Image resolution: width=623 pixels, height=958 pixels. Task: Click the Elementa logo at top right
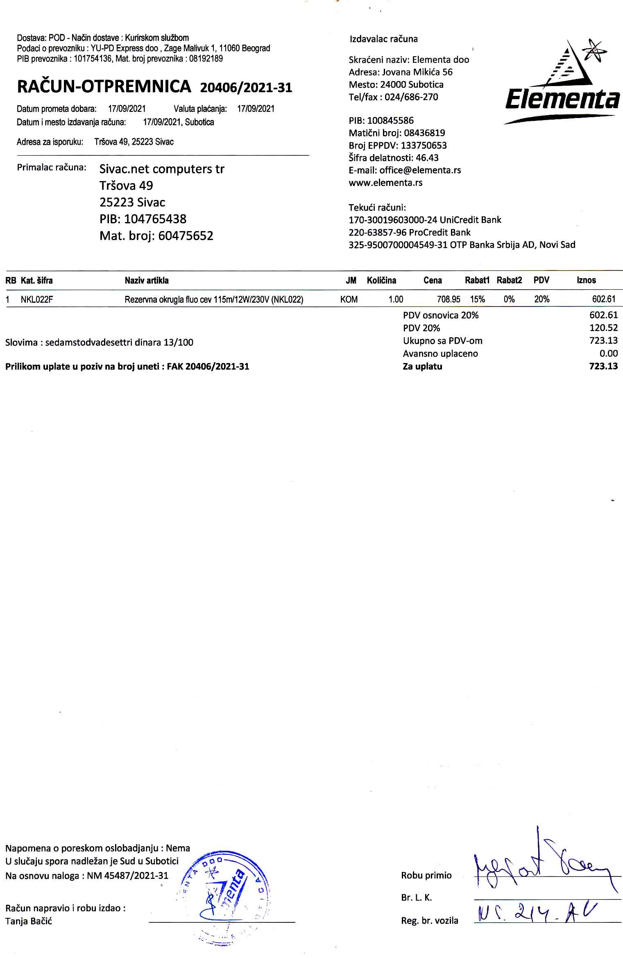[x=562, y=82]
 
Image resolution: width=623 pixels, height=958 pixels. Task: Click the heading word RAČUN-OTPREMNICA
[x=104, y=86]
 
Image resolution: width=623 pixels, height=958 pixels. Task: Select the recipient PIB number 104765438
[x=155, y=219]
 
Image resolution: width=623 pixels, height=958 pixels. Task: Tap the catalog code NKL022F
[x=37, y=300]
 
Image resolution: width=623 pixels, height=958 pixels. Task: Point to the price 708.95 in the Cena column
[x=449, y=299]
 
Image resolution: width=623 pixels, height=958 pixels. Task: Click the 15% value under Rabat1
[x=477, y=299]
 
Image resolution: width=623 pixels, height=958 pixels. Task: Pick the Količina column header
[x=381, y=280]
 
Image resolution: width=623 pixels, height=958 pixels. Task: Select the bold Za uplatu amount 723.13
[x=603, y=366]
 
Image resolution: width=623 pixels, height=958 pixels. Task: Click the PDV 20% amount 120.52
[x=603, y=328]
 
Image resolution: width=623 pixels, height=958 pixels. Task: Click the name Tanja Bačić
[x=29, y=922]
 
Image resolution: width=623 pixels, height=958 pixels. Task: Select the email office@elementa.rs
[x=420, y=170]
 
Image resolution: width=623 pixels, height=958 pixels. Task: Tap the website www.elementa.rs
[x=385, y=183]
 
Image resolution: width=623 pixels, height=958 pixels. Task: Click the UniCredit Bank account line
[x=425, y=220]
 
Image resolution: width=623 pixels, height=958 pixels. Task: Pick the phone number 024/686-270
[x=411, y=97]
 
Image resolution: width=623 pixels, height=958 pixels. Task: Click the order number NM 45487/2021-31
[x=127, y=876]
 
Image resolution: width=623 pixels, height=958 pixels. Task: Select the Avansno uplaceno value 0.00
[x=608, y=353]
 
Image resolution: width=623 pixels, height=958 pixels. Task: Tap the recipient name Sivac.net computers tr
[x=162, y=169]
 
